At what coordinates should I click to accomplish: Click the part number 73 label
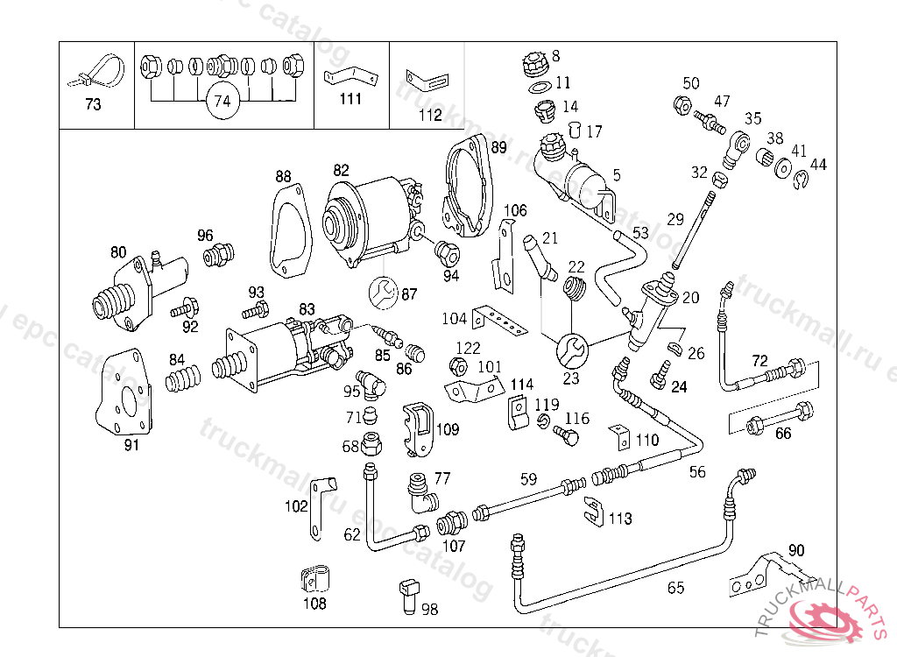tap(93, 104)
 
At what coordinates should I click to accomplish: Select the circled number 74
tap(222, 102)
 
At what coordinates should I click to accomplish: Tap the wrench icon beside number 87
tap(382, 293)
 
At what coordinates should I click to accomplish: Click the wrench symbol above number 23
tap(571, 350)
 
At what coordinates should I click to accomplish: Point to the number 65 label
tap(675, 588)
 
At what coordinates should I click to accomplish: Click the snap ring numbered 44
tap(802, 181)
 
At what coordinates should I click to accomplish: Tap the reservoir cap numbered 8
tap(533, 65)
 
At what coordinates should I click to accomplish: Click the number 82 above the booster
tap(341, 169)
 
